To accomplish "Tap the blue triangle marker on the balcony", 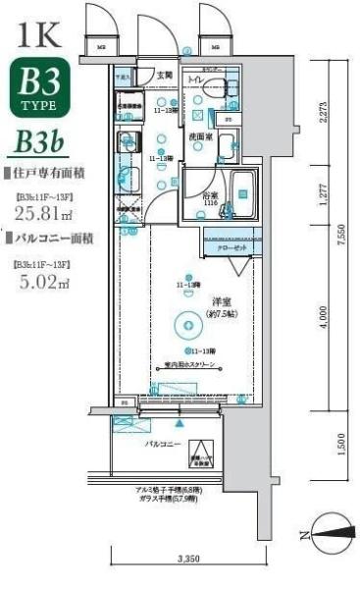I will [x=180, y=425].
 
